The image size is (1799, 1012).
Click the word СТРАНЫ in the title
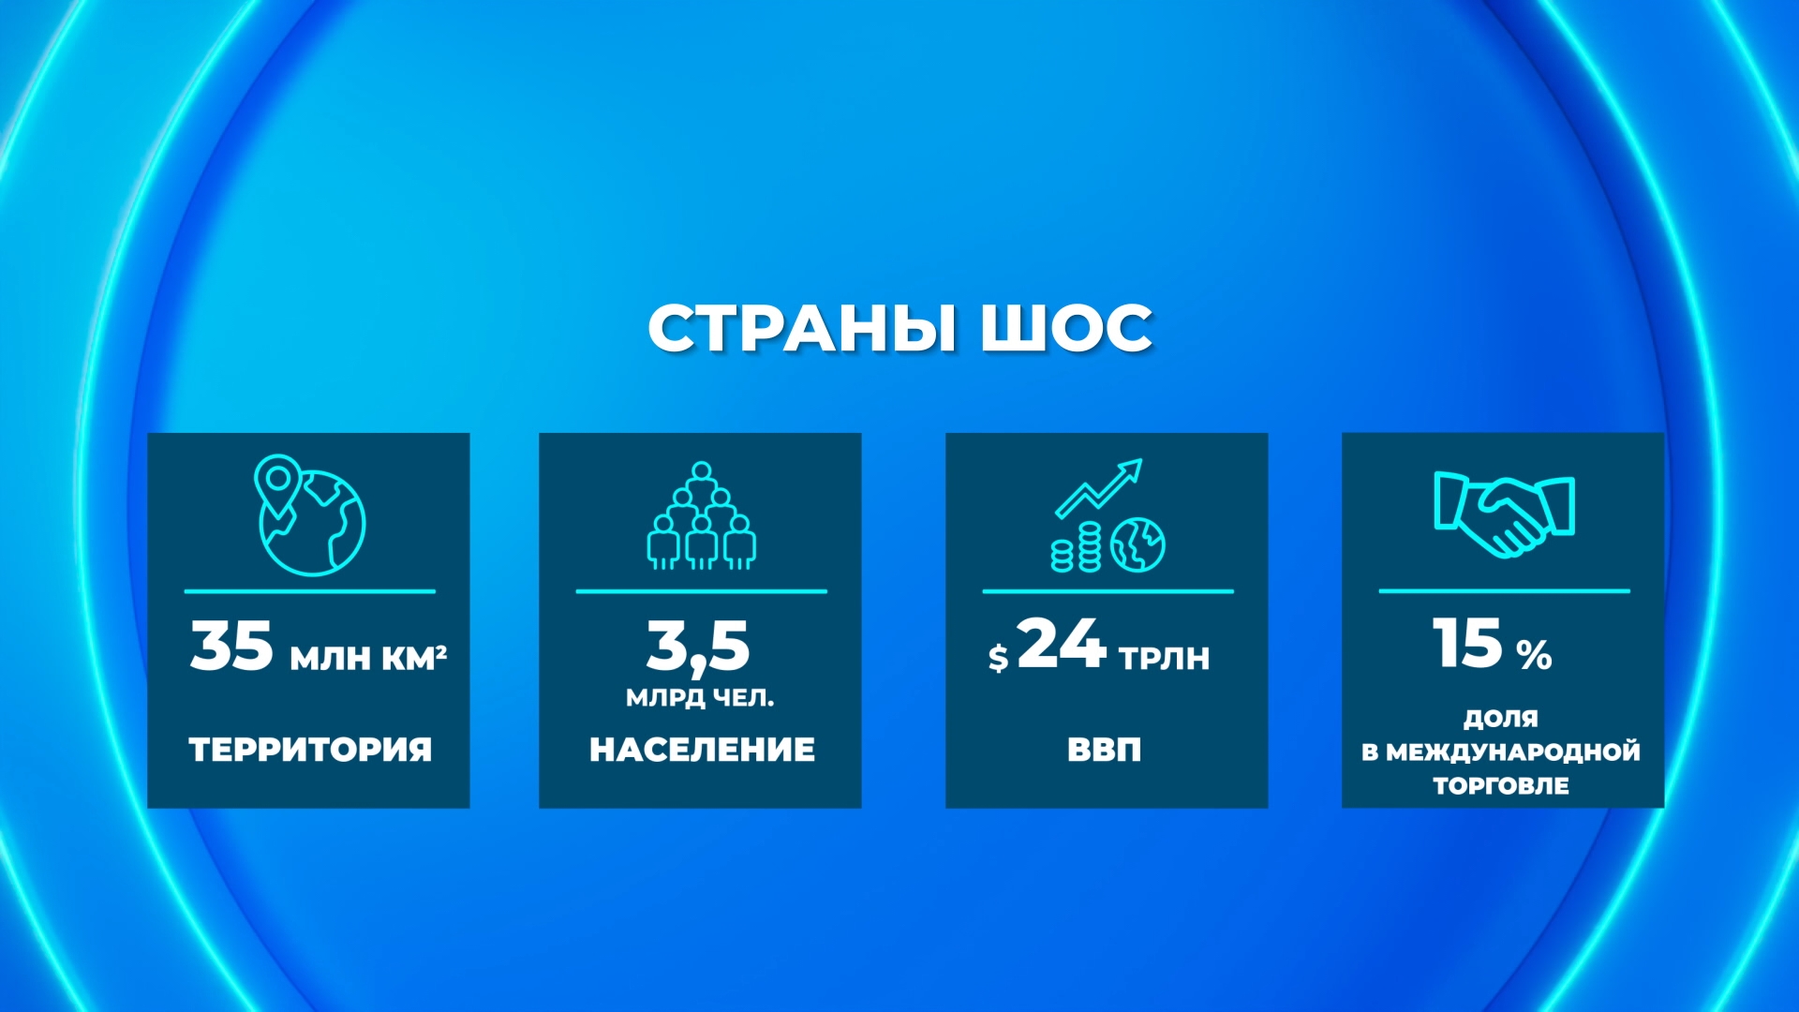[802, 329]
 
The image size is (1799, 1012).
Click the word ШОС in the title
[1067, 329]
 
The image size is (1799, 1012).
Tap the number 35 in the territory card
[231, 646]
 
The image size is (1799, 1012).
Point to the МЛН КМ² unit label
[368, 658]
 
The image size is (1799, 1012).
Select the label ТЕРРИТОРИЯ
[310, 750]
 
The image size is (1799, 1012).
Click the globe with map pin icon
[310, 514]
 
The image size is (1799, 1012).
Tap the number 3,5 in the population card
[699, 647]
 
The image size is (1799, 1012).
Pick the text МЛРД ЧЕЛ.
[700, 698]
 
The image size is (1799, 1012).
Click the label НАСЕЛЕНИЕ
[702, 750]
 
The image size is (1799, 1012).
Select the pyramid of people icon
[702, 515]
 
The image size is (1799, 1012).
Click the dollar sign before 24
[998, 658]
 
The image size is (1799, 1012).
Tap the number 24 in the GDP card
[1062, 644]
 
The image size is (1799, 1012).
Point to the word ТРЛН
[1164, 658]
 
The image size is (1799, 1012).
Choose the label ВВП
[1105, 750]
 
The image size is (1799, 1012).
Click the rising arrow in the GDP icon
[1099, 488]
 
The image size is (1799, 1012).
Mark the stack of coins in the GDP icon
[1076, 548]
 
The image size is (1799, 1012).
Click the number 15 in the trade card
[1468, 644]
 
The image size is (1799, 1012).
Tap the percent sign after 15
[1534, 655]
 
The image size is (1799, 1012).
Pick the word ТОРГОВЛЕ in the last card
[1501, 785]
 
